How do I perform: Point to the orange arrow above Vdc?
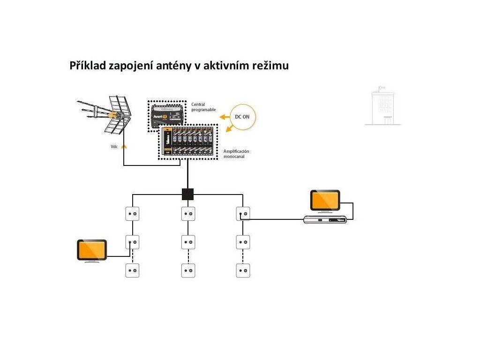coord(124,146)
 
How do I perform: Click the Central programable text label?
coord(203,107)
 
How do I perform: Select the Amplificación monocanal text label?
coord(237,154)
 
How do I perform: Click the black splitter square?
coord(187,194)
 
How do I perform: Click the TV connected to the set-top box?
coord(325,201)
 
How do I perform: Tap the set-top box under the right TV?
coord(325,219)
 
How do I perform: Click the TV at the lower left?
coord(92,250)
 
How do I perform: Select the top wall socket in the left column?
coord(132,214)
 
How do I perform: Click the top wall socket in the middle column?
coord(188,214)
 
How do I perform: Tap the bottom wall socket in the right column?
coord(243,270)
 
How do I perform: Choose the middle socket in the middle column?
coord(188,242)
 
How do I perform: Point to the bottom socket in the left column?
coord(132,270)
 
